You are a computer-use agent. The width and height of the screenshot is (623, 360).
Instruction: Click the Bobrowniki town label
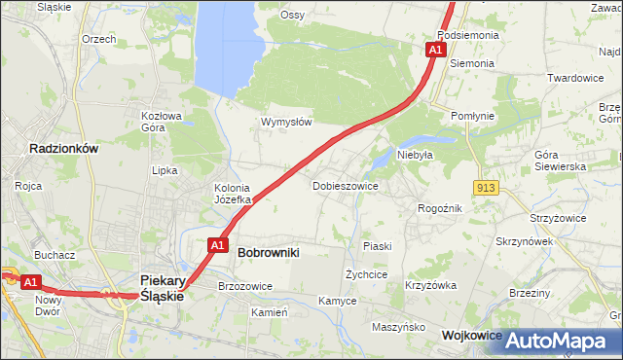268,252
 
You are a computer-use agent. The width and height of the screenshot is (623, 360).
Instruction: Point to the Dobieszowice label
345,185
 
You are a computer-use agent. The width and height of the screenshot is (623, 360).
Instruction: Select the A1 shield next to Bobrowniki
219,245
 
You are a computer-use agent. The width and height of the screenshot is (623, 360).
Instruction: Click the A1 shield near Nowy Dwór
31,282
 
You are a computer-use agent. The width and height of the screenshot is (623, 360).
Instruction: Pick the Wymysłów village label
286,122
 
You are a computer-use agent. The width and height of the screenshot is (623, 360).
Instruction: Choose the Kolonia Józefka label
233,194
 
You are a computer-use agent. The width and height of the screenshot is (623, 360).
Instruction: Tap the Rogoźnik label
439,207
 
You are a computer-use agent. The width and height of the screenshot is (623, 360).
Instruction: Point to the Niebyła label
414,154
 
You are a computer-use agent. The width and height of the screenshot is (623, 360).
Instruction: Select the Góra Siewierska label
560,161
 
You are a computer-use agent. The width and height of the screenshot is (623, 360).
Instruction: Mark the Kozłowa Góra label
162,121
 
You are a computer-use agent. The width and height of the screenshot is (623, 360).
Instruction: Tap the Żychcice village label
367,275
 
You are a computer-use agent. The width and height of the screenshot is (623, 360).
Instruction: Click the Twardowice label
576,78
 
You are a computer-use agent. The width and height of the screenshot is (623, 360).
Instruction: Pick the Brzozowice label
245,286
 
